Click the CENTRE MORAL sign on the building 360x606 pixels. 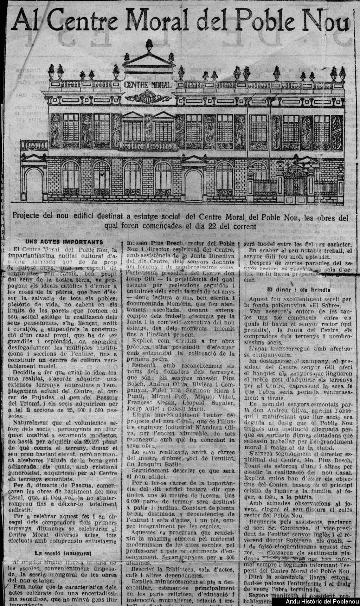coord(148,85)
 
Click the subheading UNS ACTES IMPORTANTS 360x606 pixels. coord(64,242)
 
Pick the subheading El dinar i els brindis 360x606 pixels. coord(298,290)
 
